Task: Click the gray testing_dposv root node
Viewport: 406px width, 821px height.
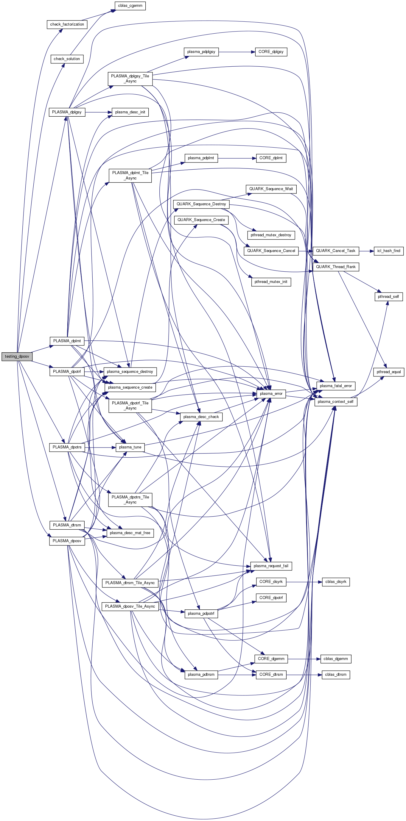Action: (x=17, y=356)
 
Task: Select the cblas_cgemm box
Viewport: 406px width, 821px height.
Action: (x=130, y=6)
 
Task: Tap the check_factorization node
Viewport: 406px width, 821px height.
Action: (x=67, y=24)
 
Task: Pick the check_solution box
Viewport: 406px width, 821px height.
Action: (x=67, y=59)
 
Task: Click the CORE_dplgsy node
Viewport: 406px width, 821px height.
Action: (x=271, y=52)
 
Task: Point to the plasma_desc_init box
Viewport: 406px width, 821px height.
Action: (x=130, y=112)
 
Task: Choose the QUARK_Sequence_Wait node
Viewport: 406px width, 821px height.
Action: (x=271, y=189)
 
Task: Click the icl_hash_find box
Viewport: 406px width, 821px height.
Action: (x=388, y=251)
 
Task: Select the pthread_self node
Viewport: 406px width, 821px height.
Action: (x=388, y=297)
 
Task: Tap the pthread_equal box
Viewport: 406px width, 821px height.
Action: (x=388, y=372)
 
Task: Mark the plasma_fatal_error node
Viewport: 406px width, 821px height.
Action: (x=335, y=386)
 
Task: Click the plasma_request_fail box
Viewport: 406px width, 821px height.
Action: (x=271, y=566)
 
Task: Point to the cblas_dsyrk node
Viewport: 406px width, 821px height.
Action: (x=335, y=582)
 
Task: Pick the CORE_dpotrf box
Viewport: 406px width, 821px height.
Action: (x=271, y=598)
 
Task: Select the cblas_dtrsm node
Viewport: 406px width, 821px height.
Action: (x=335, y=675)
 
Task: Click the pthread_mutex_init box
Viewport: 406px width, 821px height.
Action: (x=271, y=282)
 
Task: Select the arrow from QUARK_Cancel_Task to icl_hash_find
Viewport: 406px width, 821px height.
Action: (x=366, y=251)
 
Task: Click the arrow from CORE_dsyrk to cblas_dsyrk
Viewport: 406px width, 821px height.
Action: (x=304, y=582)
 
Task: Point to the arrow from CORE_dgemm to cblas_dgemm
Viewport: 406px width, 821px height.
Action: (x=304, y=659)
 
